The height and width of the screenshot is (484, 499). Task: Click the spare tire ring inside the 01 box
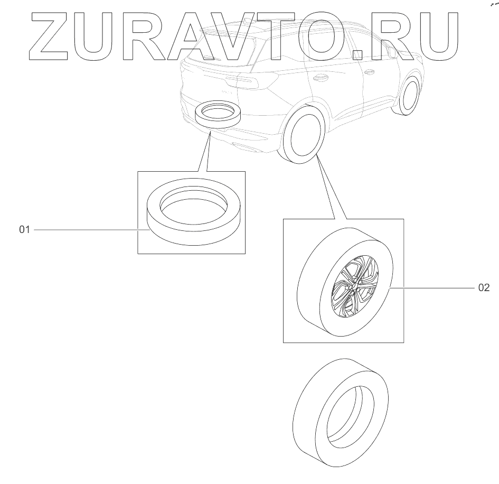point(193,211)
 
